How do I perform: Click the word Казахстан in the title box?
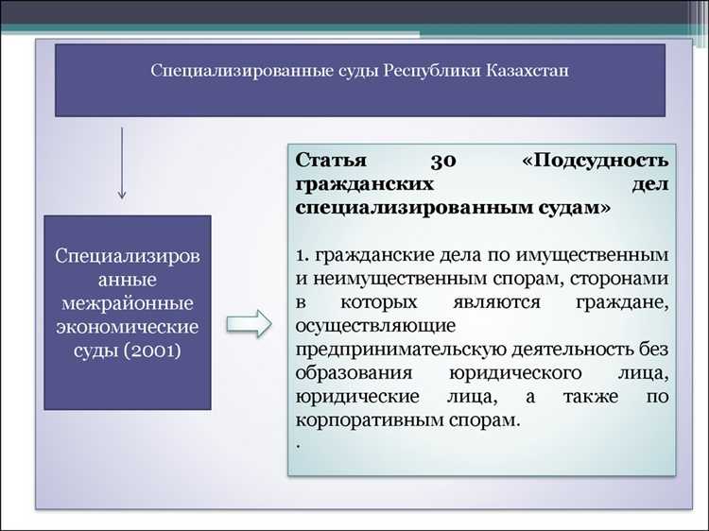pyautogui.click(x=524, y=72)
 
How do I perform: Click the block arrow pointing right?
pyautogui.click(x=249, y=324)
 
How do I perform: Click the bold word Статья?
pyautogui.click(x=326, y=159)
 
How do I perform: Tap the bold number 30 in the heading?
pyautogui.click(x=442, y=159)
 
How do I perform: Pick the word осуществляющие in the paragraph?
pyautogui.click(x=363, y=326)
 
